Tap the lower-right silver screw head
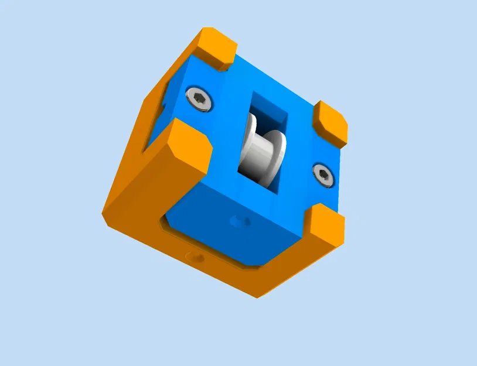[x=323, y=174]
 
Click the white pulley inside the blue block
[x=262, y=152]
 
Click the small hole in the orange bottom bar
[x=195, y=256]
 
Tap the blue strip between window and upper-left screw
[x=229, y=117]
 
